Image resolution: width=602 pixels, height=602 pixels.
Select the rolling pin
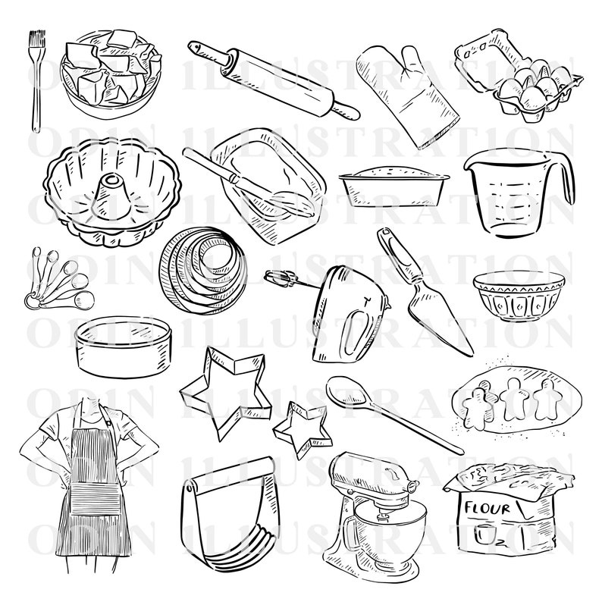(274, 76)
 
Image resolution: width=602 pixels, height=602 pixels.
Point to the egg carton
(518, 76)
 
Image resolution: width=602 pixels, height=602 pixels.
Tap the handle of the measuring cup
(565, 178)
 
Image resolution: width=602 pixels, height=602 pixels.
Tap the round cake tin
(126, 345)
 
